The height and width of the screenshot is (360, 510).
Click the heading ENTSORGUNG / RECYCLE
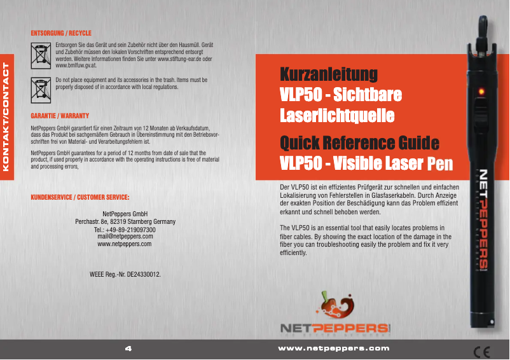click(61, 32)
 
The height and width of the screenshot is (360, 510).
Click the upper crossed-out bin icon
click(41, 55)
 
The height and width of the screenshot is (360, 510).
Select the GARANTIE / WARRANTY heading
click(60, 117)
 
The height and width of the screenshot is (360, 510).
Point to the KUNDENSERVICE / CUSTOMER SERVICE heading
click(80, 197)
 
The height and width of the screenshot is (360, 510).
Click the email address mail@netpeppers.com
click(125, 236)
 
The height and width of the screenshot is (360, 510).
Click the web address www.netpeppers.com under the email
click(125, 244)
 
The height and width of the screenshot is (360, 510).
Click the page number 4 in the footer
click(128, 349)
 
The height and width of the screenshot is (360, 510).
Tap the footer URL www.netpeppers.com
click(334, 349)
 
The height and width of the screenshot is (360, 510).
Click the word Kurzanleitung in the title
click(329, 74)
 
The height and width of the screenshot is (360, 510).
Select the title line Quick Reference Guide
click(360, 141)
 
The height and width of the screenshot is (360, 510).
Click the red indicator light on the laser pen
click(482, 93)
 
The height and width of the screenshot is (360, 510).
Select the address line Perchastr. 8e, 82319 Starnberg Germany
click(125, 221)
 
